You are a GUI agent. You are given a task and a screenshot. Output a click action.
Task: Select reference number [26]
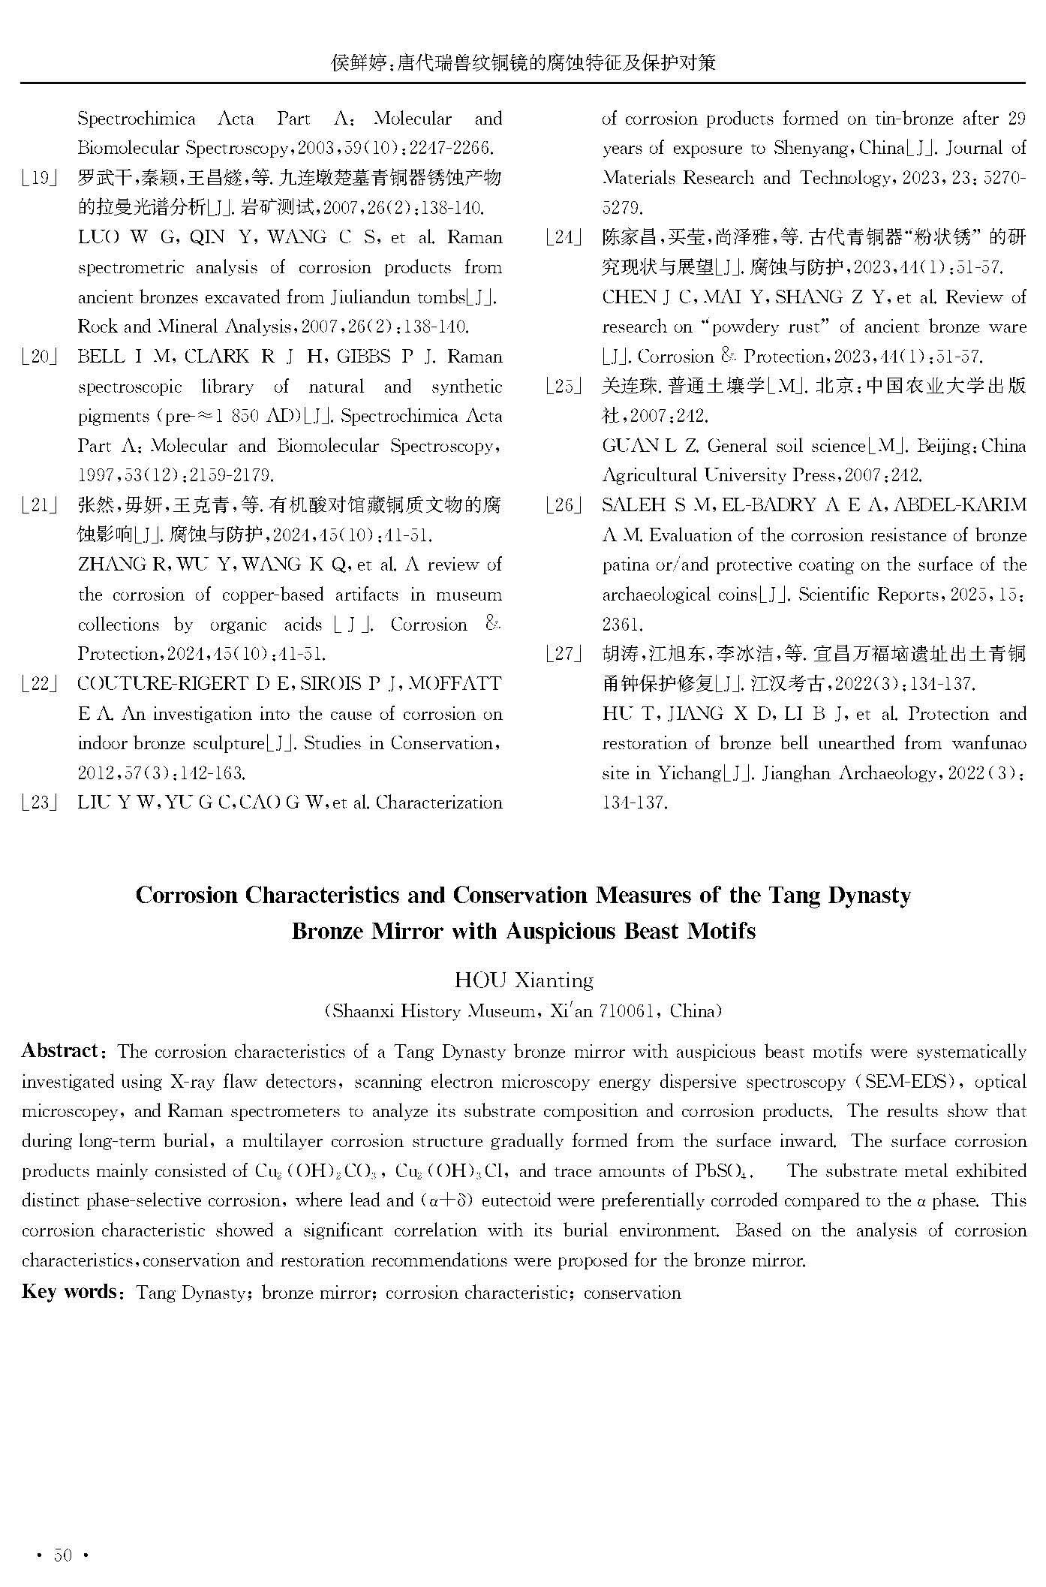coord(564,505)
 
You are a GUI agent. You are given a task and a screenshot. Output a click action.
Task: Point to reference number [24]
coord(564,238)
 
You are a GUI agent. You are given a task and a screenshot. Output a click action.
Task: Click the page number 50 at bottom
coord(63,1555)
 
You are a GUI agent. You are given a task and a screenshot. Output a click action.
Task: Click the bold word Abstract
coord(60,1051)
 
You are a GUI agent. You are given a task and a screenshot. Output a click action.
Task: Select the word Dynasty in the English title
coord(869,896)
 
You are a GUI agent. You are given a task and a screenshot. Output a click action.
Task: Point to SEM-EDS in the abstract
coord(907,1082)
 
